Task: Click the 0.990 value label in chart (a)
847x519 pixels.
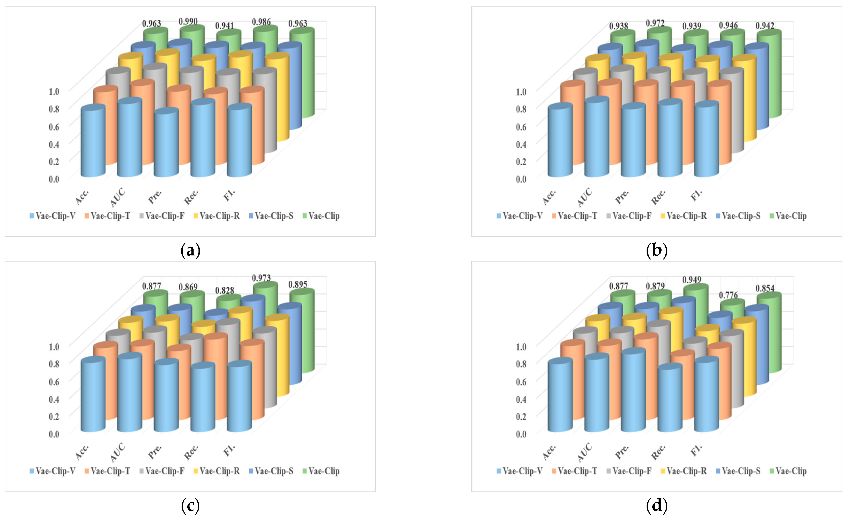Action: pyautogui.click(x=188, y=22)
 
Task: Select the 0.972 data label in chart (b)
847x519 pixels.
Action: pyautogui.click(x=655, y=23)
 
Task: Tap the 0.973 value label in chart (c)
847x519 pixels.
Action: pyautogui.click(x=261, y=278)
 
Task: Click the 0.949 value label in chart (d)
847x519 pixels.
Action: pyautogui.click(x=692, y=280)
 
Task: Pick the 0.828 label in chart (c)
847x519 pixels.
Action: pyautogui.click(x=224, y=291)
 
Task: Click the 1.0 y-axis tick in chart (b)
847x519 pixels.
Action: pyautogui.click(x=521, y=92)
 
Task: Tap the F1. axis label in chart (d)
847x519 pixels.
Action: pyautogui.click(x=696, y=450)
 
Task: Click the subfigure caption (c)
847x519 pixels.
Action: pyautogui.click(x=190, y=505)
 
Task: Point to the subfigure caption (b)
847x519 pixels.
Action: pyautogui.click(x=657, y=250)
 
